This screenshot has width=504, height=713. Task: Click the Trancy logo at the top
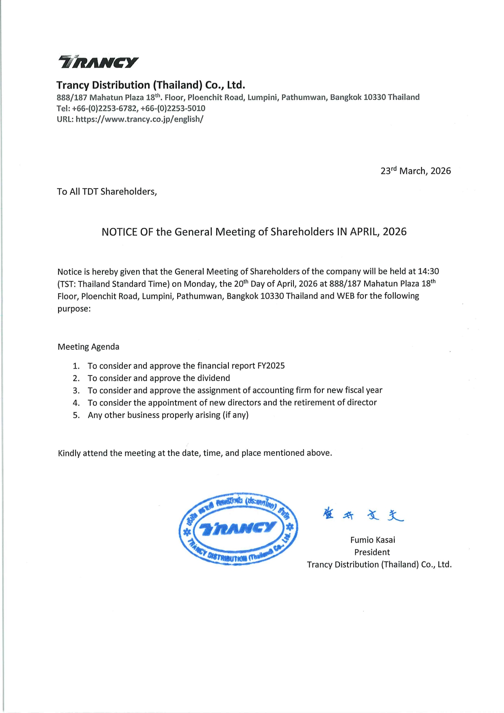98,62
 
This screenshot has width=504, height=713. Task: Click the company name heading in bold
150,85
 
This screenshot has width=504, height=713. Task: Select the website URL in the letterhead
139,119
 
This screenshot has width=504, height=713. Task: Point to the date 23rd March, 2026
415,171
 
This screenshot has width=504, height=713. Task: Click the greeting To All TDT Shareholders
107,191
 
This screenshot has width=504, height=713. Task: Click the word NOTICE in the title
119,232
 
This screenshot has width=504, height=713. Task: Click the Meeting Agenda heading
89,347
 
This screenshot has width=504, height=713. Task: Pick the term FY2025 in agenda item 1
271,366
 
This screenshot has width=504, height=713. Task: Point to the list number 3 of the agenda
76,390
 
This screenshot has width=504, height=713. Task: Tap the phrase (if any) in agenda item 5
235,415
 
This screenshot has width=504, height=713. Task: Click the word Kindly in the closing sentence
69,453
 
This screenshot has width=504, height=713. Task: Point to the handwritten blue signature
363,515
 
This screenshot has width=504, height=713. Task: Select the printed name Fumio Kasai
372,540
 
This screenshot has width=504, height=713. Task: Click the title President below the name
372,552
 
